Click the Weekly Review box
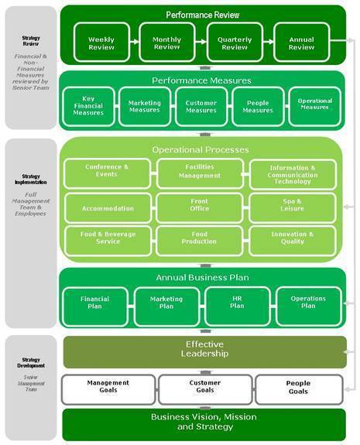101,43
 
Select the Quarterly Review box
235,43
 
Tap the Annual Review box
301,43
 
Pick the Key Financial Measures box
88,107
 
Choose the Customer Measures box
201,107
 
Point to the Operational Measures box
314,104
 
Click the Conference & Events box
107,171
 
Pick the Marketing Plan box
166,303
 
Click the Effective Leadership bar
204,351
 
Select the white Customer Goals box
204,387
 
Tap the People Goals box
298,387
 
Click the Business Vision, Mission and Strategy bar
204,423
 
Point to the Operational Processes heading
201,149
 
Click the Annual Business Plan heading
201,277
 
